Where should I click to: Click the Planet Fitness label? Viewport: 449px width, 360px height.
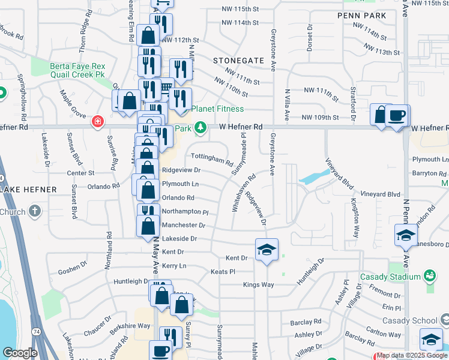click(x=217, y=109)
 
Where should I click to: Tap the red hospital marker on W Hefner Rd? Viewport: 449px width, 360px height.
click(x=97, y=122)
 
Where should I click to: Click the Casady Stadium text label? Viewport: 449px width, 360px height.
click(x=390, y=277)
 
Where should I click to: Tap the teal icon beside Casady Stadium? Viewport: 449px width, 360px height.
click(x=429, y=276)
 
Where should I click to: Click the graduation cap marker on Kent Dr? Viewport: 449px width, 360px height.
click(x=267, y=251)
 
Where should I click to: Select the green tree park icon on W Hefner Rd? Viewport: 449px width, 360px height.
click(x=202, y=128)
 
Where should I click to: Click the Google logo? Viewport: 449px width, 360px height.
click(x=20, y=352)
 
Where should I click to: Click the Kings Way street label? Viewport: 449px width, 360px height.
click(x=258, y=284)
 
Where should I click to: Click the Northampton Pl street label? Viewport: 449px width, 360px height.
click(x=185, y=212)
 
